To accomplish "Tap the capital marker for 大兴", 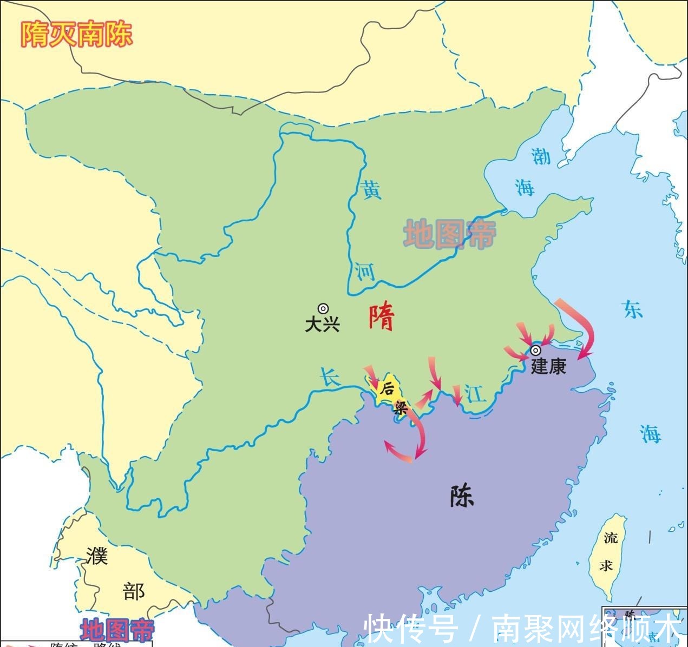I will (323, 308).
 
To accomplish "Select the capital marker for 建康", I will (535, 349).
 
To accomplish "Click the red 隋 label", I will (382, 318).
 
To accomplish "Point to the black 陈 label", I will (462, 496).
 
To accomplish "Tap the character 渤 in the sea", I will (541, 156).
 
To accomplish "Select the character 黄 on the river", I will (371, 190).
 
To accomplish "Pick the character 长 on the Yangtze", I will (329, 377).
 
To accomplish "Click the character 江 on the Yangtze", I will (476, 394).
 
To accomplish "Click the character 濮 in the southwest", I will (97, 556).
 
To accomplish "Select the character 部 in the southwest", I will (134, 591).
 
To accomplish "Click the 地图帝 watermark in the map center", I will (449, 234).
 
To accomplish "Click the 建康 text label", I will (548, 366).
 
